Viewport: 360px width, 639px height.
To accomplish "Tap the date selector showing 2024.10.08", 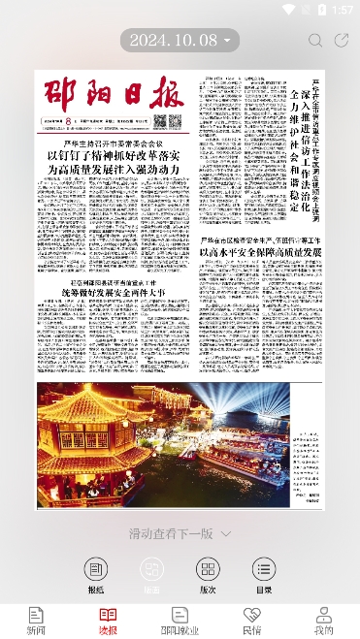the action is [x=180, y=40].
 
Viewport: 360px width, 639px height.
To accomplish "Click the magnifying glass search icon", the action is [x=315, y=40].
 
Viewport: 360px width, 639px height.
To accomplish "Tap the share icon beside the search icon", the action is [x=342, y=40].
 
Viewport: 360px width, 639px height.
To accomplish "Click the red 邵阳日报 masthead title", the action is [x=113, y=95].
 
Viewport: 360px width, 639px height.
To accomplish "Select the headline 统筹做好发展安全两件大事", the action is [x=114, y=265].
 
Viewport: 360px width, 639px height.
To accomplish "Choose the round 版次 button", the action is [x=207, y=570].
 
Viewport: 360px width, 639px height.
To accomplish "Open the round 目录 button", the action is [x=262, y=570].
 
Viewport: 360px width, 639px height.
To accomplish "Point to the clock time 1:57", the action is [x=342, y=9].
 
